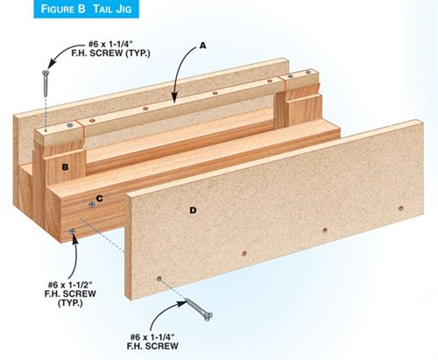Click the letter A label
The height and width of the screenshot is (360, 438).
(203, 46)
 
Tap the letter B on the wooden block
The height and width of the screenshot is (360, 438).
(65, 167)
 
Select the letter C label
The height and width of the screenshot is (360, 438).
(99, 199)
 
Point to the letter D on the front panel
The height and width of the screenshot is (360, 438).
(193, 210)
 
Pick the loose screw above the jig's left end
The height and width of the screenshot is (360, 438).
(46, 83)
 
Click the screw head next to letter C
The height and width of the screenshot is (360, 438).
(92, 205)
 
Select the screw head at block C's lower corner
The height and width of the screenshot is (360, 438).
(72, 231)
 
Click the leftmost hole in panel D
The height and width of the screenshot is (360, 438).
(159, 279)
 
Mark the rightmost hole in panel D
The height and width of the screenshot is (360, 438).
(401, 208)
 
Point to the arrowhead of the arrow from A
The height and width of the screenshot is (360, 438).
(174, 98)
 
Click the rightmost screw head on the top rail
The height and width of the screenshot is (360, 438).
(308, 72)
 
